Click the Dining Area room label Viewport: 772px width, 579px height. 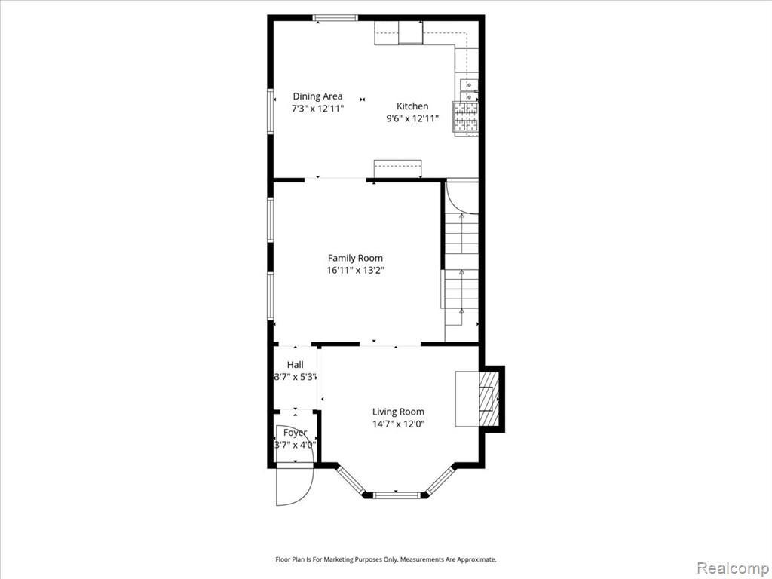317,96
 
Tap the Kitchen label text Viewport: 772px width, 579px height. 412,106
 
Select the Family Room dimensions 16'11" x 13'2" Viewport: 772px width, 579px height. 355,270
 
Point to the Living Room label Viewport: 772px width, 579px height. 398,412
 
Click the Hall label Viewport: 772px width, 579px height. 296,365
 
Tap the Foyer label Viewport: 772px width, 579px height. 295,433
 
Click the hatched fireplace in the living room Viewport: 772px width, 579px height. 489,399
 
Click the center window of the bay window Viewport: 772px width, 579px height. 397,494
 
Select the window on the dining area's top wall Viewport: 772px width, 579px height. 335,18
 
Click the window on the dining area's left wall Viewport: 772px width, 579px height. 271,110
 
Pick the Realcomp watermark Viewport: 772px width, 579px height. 731,568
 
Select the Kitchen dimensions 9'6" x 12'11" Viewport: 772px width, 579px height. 412,118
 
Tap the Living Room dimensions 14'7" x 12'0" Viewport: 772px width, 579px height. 398,424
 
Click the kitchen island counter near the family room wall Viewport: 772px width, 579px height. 398,169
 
